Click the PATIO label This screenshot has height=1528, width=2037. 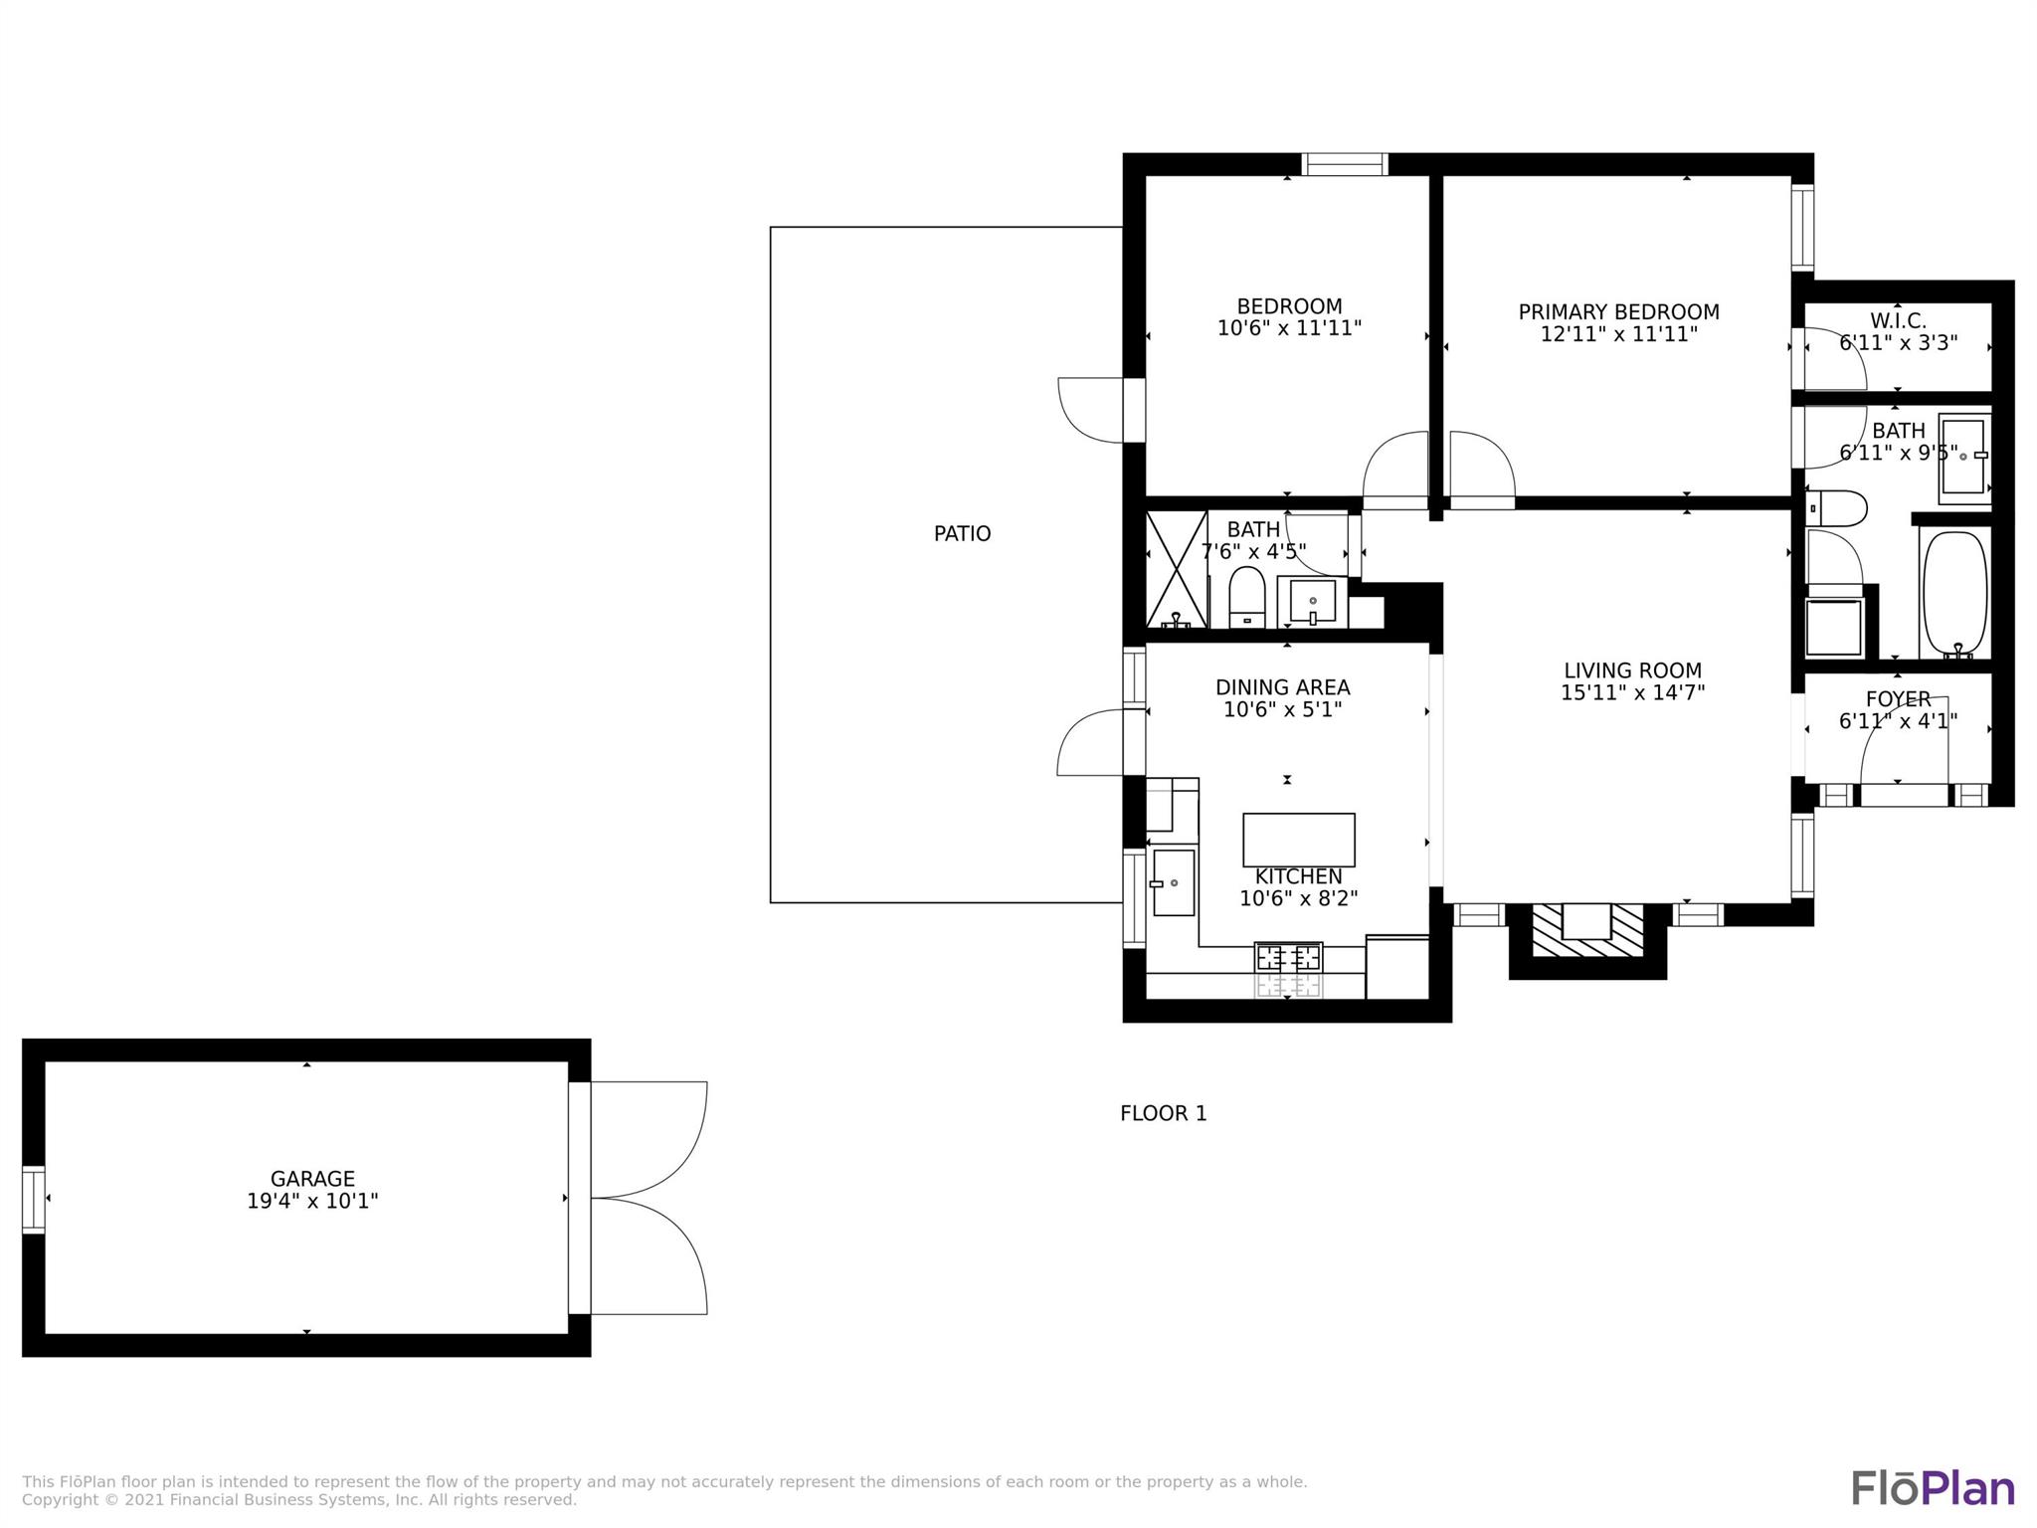point(962,534)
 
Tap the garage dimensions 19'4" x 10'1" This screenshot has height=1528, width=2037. point(312,1201)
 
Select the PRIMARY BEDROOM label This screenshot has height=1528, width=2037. point(1618,312)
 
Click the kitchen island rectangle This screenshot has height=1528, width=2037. point(1299,840)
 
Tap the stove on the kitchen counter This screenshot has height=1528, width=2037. point(1289,970)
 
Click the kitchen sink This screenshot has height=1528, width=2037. point(1174,882)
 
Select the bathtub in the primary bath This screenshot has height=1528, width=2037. point(1955,595)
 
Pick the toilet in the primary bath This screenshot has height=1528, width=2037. point(1836,508)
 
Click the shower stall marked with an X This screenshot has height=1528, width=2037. point(1177,570)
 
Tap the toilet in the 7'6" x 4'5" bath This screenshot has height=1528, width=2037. point(1247,598)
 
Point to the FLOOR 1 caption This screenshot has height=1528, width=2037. point(1164,1113)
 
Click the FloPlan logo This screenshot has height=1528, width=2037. point(1933,1488)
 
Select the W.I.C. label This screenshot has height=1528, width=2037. point(1898,321)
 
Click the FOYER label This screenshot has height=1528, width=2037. point(1898,699)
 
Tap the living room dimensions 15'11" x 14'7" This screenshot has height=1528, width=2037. point(1632,692)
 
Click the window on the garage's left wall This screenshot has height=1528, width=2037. point(34,1199)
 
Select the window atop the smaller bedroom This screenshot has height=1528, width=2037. point(1345,164)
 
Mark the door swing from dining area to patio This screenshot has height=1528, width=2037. point(1090,742)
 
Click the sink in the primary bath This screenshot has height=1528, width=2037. point(1964,457)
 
